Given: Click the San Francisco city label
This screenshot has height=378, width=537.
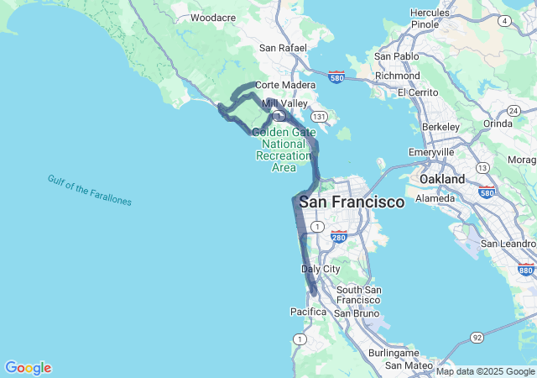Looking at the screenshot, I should tap(352, 202).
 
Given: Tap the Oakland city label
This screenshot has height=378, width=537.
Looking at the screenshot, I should tap(442, 180).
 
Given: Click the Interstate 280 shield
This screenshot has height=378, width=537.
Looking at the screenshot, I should tap(339, 237).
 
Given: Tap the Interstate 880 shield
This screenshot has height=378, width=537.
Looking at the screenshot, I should tap(526, 269).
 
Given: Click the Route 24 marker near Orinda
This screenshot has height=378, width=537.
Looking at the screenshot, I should tap(513, 111).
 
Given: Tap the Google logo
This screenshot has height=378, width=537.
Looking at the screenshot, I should tap(28, 368).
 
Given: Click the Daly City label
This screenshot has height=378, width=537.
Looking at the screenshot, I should tap(321, 269).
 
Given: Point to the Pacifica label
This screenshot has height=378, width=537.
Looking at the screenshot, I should tap(308, 312).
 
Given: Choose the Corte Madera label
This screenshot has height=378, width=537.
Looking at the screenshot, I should tap(285, 85).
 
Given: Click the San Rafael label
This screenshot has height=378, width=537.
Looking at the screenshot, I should tap(283, 48).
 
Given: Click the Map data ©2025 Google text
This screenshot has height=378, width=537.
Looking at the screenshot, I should tap(485, 371).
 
